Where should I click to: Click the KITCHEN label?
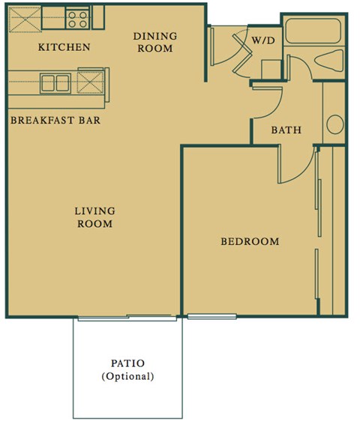coord(64,47)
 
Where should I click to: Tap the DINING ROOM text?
coord(154,42)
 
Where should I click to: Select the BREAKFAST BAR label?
coord(56,120)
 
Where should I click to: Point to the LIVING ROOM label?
coord(94,217)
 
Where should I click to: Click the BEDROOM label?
coord(249,241)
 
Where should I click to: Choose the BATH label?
coord(286,130)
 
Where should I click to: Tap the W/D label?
coord(262,40)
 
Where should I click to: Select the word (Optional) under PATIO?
coord(127,376)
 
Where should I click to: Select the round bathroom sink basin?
coord(335,124)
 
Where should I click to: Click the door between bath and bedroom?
coord(296,163)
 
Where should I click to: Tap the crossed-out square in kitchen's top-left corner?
coord(23,18)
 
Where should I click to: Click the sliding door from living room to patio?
coord(127,317)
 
